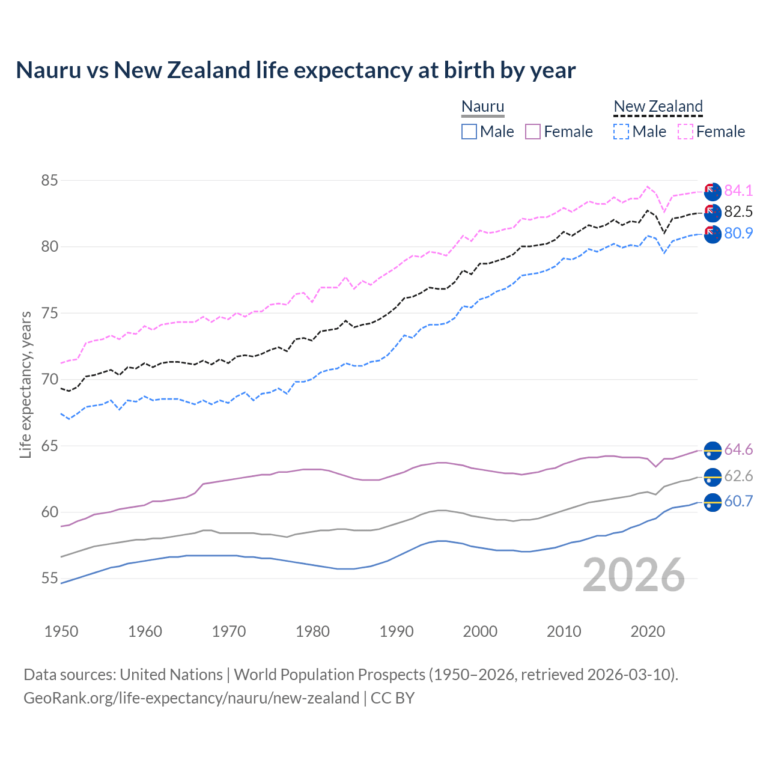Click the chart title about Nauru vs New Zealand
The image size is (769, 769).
coord(296,70)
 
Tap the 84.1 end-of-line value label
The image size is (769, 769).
coord(738,190)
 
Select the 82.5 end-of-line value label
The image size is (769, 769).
coord(738,211)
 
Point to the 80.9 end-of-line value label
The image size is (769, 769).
coord(738,233)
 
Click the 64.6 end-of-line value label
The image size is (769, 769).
coord(738,449)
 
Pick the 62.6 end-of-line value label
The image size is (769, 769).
coord(738,476)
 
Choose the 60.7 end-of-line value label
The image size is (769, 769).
coord(738,501)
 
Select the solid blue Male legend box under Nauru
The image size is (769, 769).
coord(469,132)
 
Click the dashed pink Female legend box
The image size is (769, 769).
coord(685,132)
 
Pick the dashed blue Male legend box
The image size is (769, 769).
coord(621,132)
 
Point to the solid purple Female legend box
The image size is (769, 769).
coord(533,132)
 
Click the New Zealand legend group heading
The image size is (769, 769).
coord(658,107)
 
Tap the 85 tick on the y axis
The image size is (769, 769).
coord(49,180)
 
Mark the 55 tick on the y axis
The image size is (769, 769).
coord(49,579)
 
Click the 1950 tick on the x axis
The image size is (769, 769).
coord(61,631)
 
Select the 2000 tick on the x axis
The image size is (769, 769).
coord(480,631)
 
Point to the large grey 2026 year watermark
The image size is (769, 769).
coord(633,575)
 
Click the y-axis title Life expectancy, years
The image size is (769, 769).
coord(25,384)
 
